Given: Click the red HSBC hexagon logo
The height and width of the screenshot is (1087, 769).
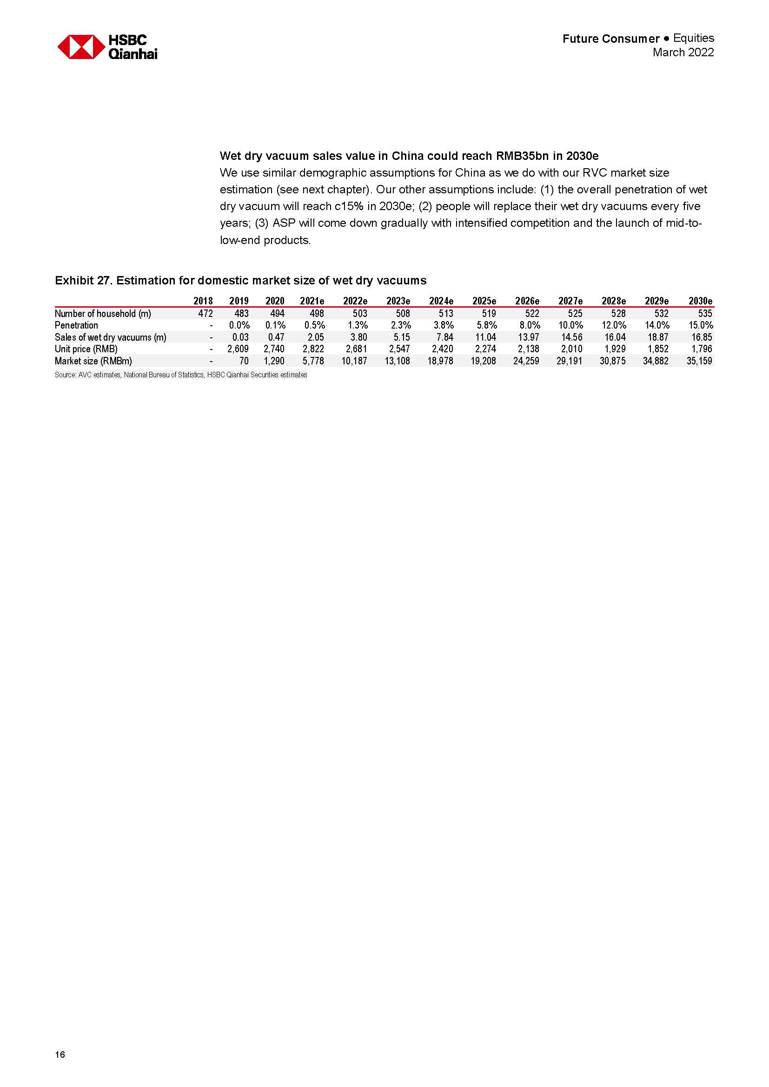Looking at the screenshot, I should [x=81, y=47].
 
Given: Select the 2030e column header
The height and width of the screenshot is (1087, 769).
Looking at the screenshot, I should [x=700, y=301].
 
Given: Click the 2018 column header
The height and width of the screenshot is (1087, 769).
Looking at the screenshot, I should [x=203, y=301].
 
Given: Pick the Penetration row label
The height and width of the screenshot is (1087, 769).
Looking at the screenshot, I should [x=76, y=325].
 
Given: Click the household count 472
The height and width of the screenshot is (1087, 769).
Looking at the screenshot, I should [x=206, y=313].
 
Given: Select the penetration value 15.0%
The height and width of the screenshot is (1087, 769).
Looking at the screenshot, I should [x=701, y=325].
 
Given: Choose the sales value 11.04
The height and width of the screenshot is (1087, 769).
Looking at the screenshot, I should [x=485, y=337].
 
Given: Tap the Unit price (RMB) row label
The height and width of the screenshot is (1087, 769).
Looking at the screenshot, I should [x=86, y=349].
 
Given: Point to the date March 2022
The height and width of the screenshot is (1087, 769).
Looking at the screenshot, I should [x=683, y=53].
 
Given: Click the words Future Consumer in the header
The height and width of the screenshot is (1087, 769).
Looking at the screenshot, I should [x=611, y=39].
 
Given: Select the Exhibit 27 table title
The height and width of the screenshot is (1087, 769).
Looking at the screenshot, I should [x=240, y=281].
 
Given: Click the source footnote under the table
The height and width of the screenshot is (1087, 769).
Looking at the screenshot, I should [x=181, y=375].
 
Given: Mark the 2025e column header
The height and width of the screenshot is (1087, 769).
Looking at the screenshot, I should [x=484, y=301].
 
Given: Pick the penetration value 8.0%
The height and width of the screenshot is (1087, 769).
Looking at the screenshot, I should [x=530, y=325].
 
